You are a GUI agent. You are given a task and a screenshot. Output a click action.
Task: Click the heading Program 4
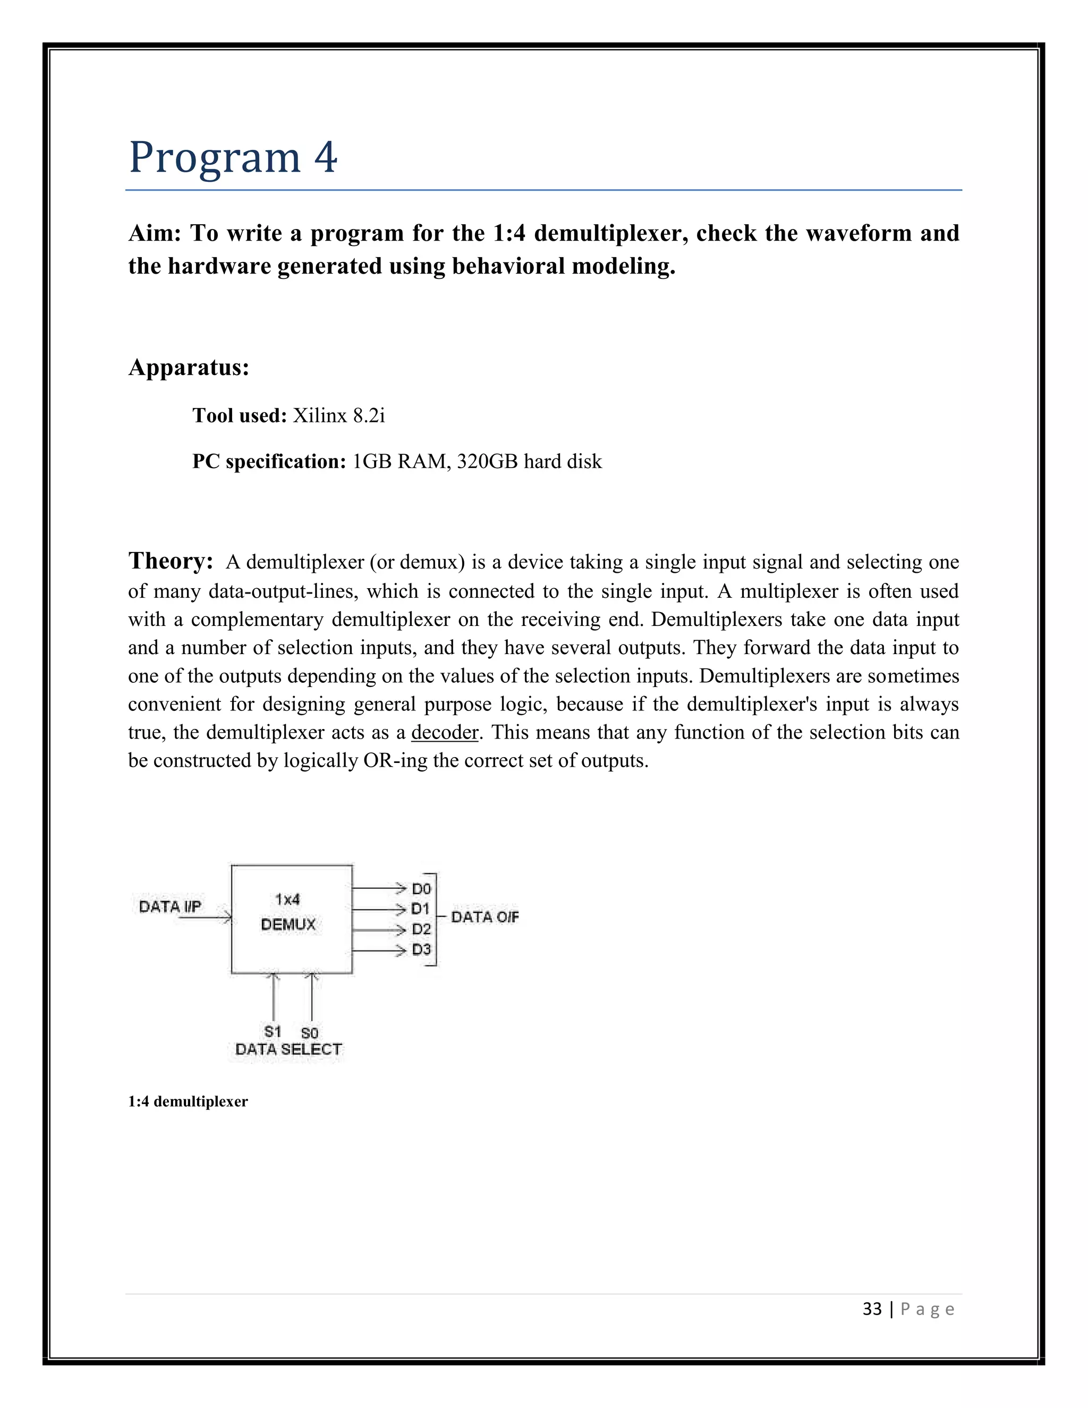(x=233, y=157)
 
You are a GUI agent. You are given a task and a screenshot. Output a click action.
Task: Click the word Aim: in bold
(x=155, y=233)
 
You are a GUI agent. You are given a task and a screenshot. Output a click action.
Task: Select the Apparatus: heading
(x=188, y=368)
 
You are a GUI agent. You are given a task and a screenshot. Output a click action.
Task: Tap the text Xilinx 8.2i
(x=339, y=416)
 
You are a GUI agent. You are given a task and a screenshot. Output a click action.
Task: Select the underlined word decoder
(x=445, y=732)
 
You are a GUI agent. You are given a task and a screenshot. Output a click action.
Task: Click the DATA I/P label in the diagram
(x=170, y=906)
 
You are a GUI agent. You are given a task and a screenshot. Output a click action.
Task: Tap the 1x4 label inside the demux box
(x=287, y=898)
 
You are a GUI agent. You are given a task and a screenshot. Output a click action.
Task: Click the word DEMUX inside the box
(x=288, y=924)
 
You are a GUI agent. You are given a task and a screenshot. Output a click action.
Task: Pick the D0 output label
(x=421, y=889)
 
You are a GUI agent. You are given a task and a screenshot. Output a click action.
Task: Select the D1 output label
(x=421, y=909)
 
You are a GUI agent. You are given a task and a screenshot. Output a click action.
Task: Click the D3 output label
(x=421, y=949)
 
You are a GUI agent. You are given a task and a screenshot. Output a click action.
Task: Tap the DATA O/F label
(x=484, y=917)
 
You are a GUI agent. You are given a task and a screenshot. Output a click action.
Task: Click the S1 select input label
(x=273, y=1031)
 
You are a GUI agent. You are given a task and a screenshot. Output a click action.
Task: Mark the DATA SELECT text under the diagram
(x=288, y=1049)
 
